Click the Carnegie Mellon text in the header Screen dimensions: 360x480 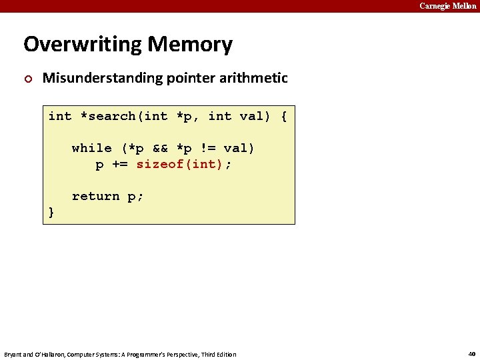coord(447,6)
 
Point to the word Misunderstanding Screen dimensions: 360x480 coord(97,78)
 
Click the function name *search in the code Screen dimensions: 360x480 coord(107,116)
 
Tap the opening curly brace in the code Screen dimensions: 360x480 coord(284,116)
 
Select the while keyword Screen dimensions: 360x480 coord(91,148)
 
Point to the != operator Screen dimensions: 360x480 coord(207,148)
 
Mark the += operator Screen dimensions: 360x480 coord(119,164)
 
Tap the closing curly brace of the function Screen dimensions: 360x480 coord(52,212)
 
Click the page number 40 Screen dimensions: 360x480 coord(471,354)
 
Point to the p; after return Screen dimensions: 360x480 coord(135,196)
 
